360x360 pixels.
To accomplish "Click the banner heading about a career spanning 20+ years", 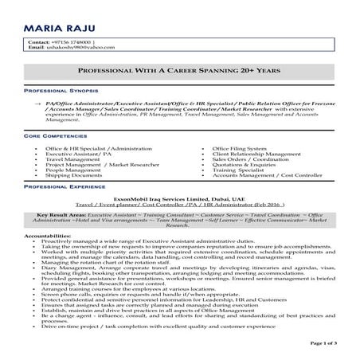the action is click(x=180, y=71).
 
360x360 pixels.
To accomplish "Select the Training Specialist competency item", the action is click(x=240, y=170).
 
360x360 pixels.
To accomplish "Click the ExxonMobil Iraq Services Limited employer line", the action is click(x=180, y=197).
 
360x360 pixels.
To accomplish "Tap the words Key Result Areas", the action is click(x=61, y=215).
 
